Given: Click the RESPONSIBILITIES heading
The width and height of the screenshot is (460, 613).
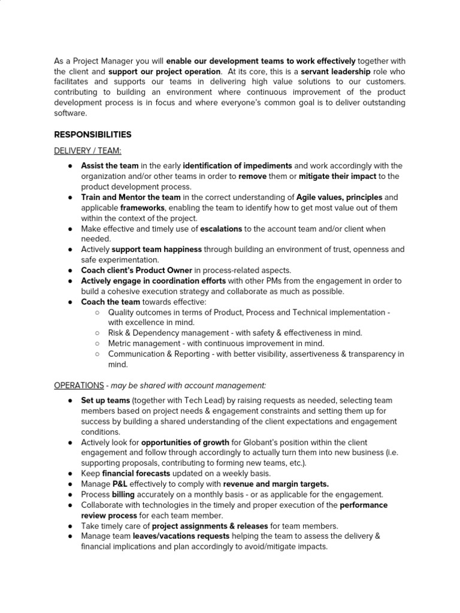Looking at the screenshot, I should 93,134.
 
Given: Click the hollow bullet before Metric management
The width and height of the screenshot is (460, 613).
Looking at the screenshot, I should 97,344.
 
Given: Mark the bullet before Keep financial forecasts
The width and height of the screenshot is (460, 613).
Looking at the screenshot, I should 70,474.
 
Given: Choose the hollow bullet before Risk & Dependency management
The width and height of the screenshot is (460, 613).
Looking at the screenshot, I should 97,333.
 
